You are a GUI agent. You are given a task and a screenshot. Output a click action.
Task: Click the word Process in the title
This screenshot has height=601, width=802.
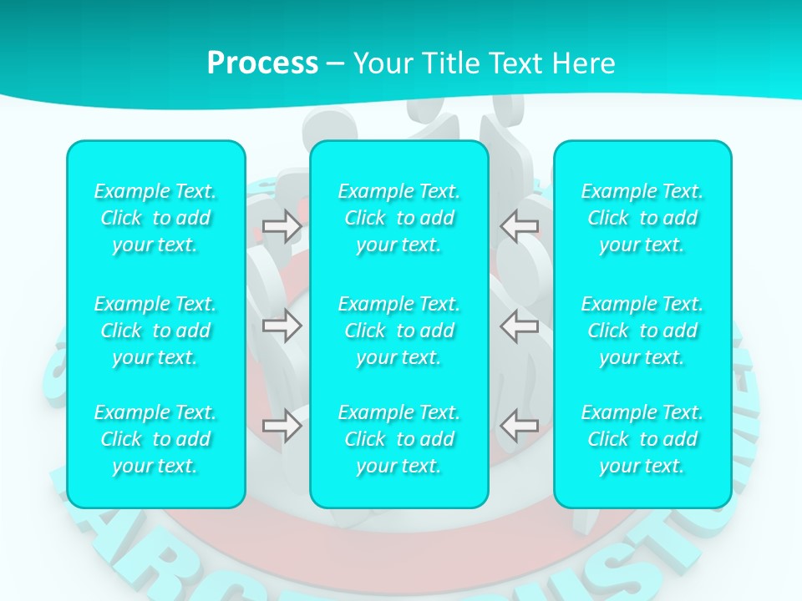pyautogui.click(x=262, y=63)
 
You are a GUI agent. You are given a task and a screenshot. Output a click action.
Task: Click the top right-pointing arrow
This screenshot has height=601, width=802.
pyautogui.click(x=282, y=225)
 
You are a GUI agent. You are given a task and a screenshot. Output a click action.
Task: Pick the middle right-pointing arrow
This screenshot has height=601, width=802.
pyautogui.click(x=282, y=326)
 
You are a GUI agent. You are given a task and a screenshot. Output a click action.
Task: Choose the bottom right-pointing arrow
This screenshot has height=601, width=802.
pyautogui.click(x=282, y=426)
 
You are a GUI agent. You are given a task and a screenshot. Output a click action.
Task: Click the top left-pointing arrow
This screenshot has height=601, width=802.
pyautogui.click(x=519, y=225)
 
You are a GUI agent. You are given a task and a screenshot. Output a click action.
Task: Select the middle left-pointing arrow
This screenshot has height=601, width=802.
pyautogui.click(x=519, y=326)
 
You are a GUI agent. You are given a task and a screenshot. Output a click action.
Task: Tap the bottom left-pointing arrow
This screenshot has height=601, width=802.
pyautogui.click(x=519, y=426)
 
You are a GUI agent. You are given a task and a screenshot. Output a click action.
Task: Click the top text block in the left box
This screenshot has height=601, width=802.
pyautogui.click(x=155, y=218)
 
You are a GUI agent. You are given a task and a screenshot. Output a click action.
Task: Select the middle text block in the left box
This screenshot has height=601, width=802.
pyautogui.click(x=155, y=331)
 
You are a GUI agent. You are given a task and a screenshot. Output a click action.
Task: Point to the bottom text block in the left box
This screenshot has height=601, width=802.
pyautogui.click(x=155, y=439)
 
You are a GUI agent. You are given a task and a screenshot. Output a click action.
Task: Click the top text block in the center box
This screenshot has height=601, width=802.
pyautogui.click(x=399, y=218)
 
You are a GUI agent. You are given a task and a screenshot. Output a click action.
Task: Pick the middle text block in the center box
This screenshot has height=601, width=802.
pyautogui.click(x=399, y=331)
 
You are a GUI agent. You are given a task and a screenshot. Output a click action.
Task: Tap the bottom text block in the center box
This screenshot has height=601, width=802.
pyautogui.click(x=399, y=439)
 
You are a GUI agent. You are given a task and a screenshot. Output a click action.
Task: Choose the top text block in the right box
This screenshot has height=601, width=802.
pyautogui.click(x=642, y=218)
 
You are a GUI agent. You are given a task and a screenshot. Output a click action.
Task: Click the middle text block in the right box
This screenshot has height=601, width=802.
pyautogui.click(x=642, y=331)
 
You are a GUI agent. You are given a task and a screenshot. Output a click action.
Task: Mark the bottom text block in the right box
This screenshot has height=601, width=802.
pyautogui.click(x=642, y=439)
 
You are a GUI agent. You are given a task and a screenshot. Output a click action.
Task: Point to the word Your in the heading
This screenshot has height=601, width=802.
pyautogui.click(x=380, y=63)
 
